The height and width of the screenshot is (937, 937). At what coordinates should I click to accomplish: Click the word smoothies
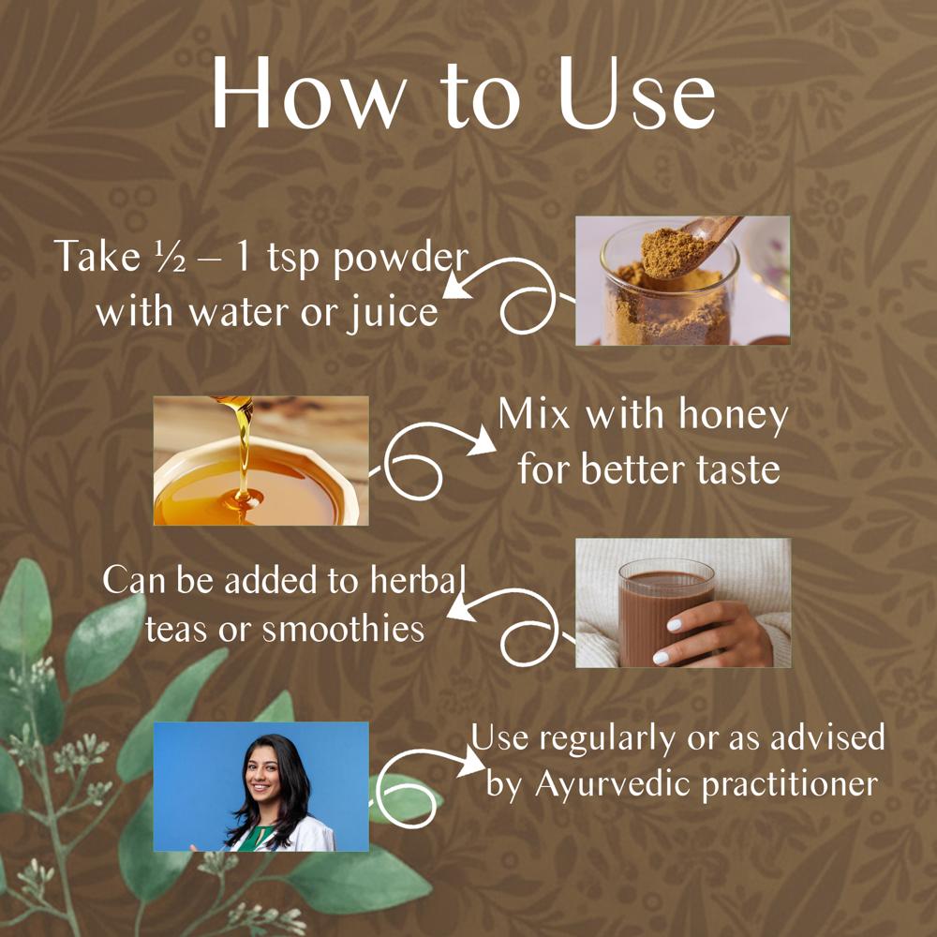pos(344,630)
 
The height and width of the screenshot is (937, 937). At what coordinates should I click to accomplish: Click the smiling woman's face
pos(263,776)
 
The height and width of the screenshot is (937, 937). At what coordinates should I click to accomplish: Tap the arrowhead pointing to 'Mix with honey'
pos(482,443)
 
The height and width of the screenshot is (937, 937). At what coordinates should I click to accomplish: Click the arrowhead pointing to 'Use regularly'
pos(471,761)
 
